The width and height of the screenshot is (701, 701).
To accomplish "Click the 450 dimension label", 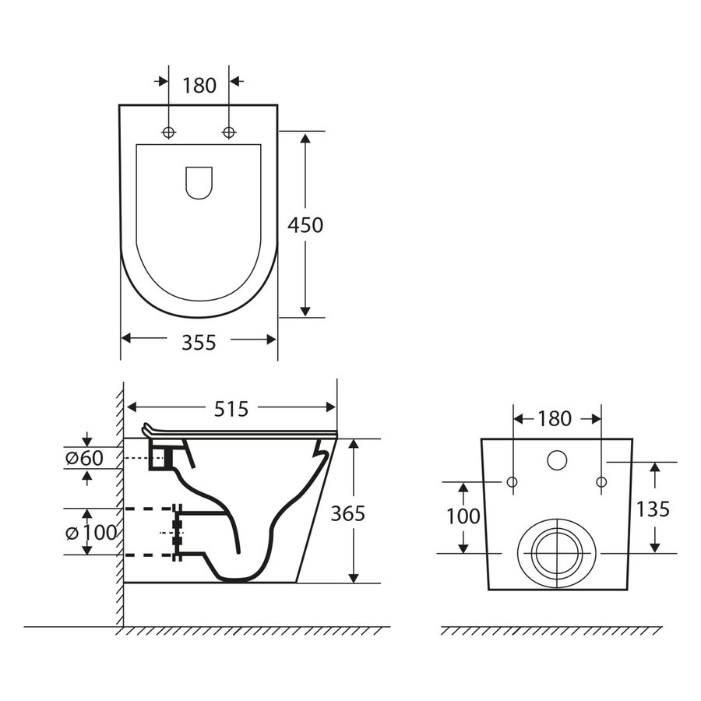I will (305, 225).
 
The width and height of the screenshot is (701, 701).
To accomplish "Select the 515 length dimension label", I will (231, 408).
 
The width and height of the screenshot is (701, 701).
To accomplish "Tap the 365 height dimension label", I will (347, 513).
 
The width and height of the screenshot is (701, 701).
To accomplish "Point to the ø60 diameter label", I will (83, 458).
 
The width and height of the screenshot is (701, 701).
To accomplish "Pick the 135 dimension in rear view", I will (653, 509).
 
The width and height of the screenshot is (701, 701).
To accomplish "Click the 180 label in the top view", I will (199, 86).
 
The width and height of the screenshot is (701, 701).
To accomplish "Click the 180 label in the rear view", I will (555, 418).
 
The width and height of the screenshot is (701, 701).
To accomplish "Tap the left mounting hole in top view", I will (169, 132).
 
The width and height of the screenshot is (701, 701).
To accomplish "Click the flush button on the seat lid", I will (199, 181).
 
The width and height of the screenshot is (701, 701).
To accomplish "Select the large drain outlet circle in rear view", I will (556, 552).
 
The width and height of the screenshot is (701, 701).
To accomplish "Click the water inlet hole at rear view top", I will (557, 460).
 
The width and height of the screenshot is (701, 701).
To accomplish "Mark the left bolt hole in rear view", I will (512, 483).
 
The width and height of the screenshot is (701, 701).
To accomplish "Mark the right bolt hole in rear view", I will (601, 483).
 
